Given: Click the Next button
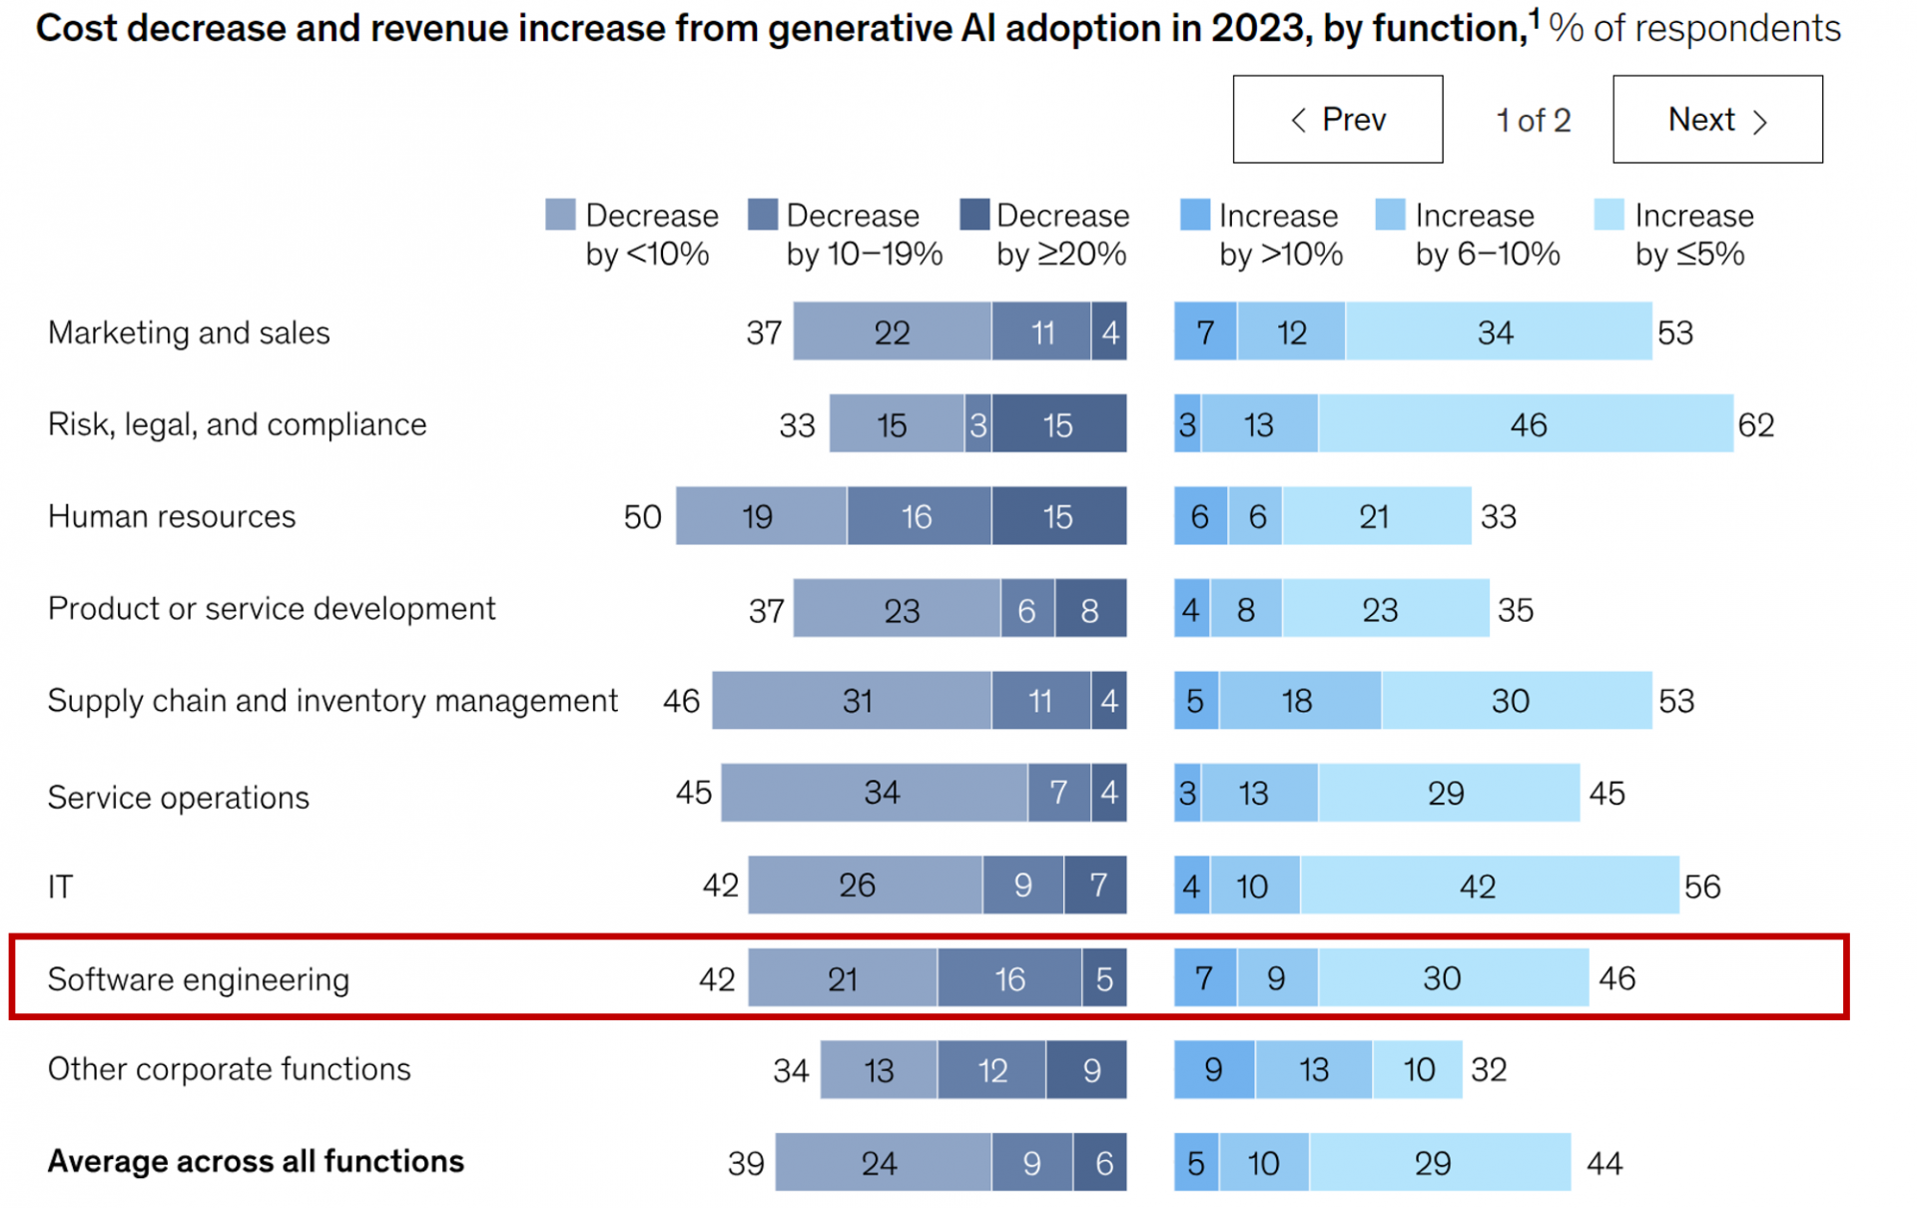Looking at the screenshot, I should (1716, 120).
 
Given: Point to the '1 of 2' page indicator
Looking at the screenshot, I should (1533, 121).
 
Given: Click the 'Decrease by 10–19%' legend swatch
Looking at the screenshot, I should (762, 215).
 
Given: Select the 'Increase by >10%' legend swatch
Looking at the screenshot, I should (1194, 215).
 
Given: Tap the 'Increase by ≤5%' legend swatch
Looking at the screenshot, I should (1608, 215).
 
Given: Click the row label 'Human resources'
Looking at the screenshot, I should (172, 516).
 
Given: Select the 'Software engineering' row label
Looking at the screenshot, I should (199, 979).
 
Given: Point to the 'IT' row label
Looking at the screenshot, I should (60, 887).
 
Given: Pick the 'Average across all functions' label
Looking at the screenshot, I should (256, 1161).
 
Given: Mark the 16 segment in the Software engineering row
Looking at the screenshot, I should (1009, 978).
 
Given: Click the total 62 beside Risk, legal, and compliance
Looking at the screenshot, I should (1755, 425).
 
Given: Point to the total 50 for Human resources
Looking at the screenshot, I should (642, 516).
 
